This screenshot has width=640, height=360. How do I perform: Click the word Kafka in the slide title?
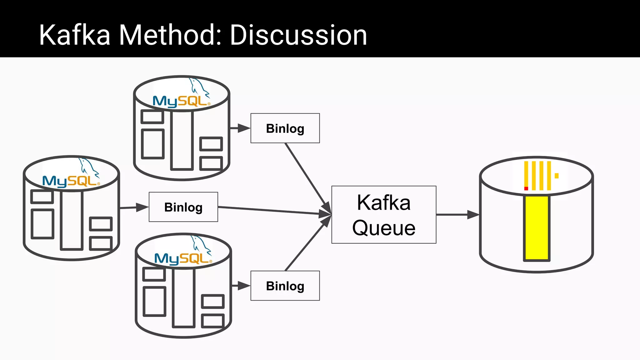[74, 35]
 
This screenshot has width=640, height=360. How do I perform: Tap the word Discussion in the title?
[298, 35]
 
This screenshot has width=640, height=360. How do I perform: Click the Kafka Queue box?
[384, 215]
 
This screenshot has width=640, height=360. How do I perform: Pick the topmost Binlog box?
[285, 128]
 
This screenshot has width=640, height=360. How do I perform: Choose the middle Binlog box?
[183, 207]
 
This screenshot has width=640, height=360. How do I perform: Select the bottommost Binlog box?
[285, 286]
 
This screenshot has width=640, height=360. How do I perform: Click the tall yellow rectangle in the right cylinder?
[537, 228]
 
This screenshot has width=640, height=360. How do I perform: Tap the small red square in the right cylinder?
[526, 188]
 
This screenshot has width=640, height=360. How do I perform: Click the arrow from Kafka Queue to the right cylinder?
[457, 215]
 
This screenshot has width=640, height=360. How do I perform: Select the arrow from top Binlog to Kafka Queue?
[308, 178]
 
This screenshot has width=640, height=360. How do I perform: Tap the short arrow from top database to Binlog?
[240, 128]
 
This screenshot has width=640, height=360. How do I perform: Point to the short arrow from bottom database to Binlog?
[241, 286]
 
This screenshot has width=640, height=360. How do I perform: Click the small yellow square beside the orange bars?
[557, 176]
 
